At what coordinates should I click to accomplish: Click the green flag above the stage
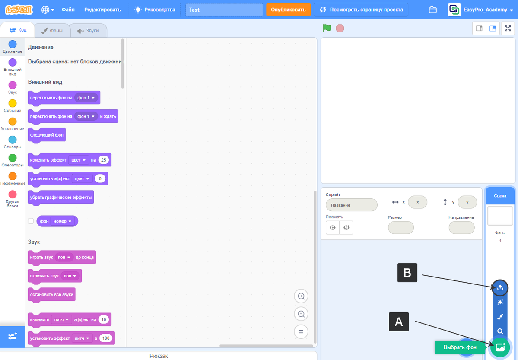(327, 29)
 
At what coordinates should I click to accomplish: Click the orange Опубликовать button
(289, 10)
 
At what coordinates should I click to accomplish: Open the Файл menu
(68, 10)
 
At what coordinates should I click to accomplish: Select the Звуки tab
(88, 31)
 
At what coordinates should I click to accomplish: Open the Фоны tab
(52, 31)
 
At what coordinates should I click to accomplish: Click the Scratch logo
(19, 10)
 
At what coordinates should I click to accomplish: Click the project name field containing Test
(224, 10)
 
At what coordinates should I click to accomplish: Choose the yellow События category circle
(13, 103)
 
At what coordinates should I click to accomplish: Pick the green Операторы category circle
(13, 158)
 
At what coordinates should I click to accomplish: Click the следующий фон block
(47, 135)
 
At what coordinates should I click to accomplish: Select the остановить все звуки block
(51, 295)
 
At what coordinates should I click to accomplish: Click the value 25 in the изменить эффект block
(103, 160)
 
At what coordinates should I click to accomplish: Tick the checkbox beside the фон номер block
(31, 221)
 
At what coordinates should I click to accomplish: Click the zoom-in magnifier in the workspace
(301, 296)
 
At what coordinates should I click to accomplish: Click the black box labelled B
(407, 273)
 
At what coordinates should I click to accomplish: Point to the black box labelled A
(399, 322)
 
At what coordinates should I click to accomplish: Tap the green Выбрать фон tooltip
(460, 347)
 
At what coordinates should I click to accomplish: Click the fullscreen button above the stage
(508, 29)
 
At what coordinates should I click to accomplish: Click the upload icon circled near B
(500, 287)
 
